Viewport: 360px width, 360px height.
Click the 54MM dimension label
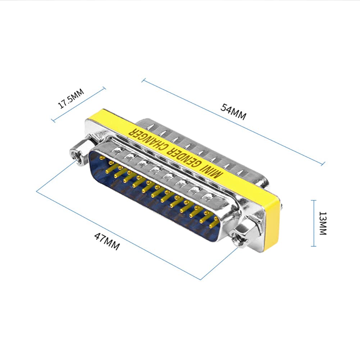tap(233, 112)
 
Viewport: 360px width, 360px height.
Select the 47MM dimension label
tap(107, 241)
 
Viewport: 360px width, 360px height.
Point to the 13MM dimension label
tap(322, 223)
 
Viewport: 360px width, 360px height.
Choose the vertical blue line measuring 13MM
tap(314, 223)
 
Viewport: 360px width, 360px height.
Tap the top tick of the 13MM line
tap(314, 200)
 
